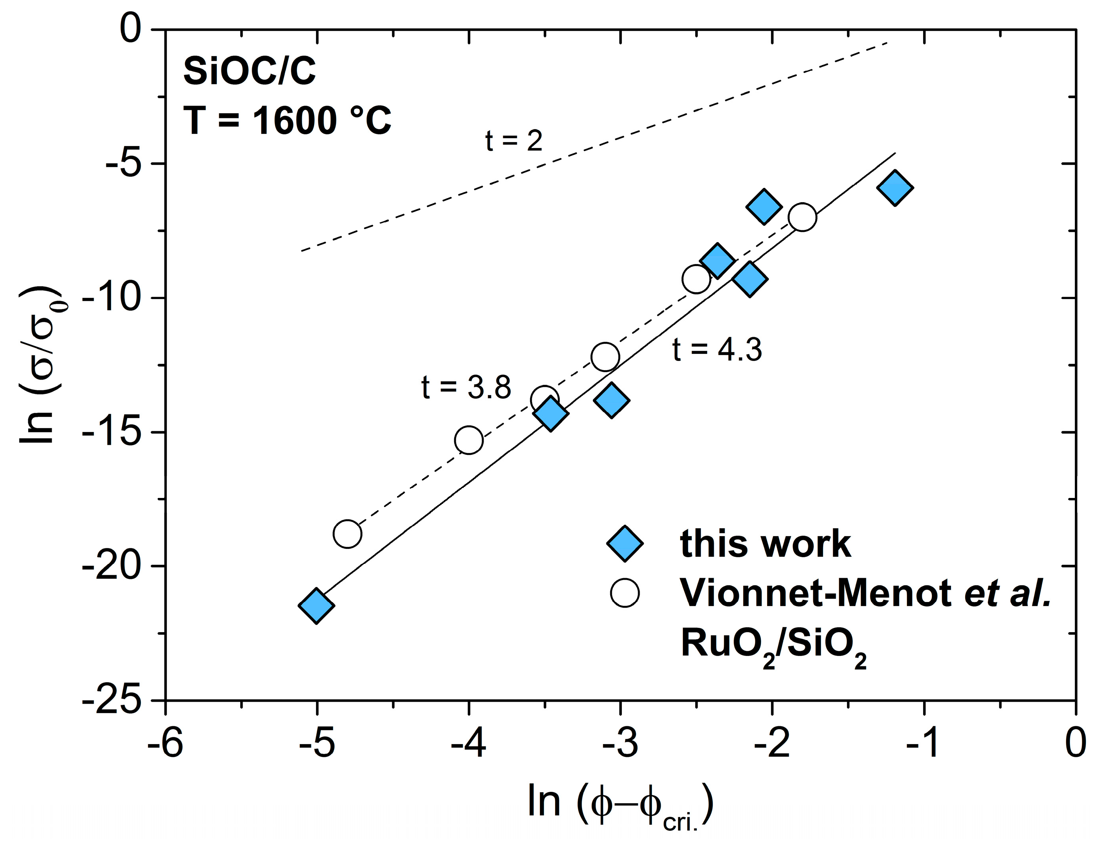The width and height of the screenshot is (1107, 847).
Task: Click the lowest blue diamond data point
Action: pyautogui.click(x=316, y=606)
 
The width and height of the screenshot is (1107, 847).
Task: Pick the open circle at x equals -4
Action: pyautogui.click(x=469, y=440)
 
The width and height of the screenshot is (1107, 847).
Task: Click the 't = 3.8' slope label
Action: pyautogui.click(x=466, y=387)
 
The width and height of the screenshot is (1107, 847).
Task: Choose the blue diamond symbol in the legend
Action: pyautogui.click(x=625, y=544)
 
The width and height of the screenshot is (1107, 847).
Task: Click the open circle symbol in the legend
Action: pyautogui.click(x=625, y=593)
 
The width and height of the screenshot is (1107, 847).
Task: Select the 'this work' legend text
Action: pyautogui.click(x=765, y=544)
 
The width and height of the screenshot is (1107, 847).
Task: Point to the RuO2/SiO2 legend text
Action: pyautogui.click(x=774, y=645)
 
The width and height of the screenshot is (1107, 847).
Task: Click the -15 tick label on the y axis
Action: pyautogui.click(x=112, y=432)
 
